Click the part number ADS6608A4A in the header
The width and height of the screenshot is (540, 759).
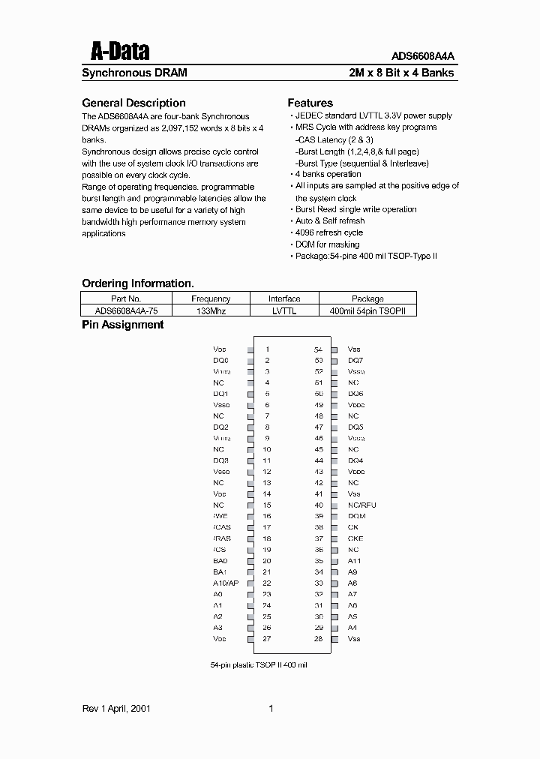click(423, 55)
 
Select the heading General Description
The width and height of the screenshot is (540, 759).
click(133, 103)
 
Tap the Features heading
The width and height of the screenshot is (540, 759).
click(310, 103)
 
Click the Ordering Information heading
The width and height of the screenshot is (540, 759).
click(137, 283)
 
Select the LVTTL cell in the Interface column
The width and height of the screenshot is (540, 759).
click(284, 310)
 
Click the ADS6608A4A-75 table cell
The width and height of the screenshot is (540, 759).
click(126, 310)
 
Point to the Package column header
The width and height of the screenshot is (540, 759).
click(367, 298)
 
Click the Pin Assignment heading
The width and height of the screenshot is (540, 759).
click(122, 325)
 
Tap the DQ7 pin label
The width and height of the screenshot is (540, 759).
click(355, 361)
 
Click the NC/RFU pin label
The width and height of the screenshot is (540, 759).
click(362, 505)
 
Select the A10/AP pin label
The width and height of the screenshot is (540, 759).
click(226, 583)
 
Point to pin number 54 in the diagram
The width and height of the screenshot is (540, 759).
click(318, 349)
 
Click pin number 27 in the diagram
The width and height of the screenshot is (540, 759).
click(266, 638)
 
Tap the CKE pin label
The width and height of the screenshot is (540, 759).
click(355, 538)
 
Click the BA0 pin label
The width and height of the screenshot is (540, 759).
click(220, 560)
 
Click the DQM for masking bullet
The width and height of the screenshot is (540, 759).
click(327, 244)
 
